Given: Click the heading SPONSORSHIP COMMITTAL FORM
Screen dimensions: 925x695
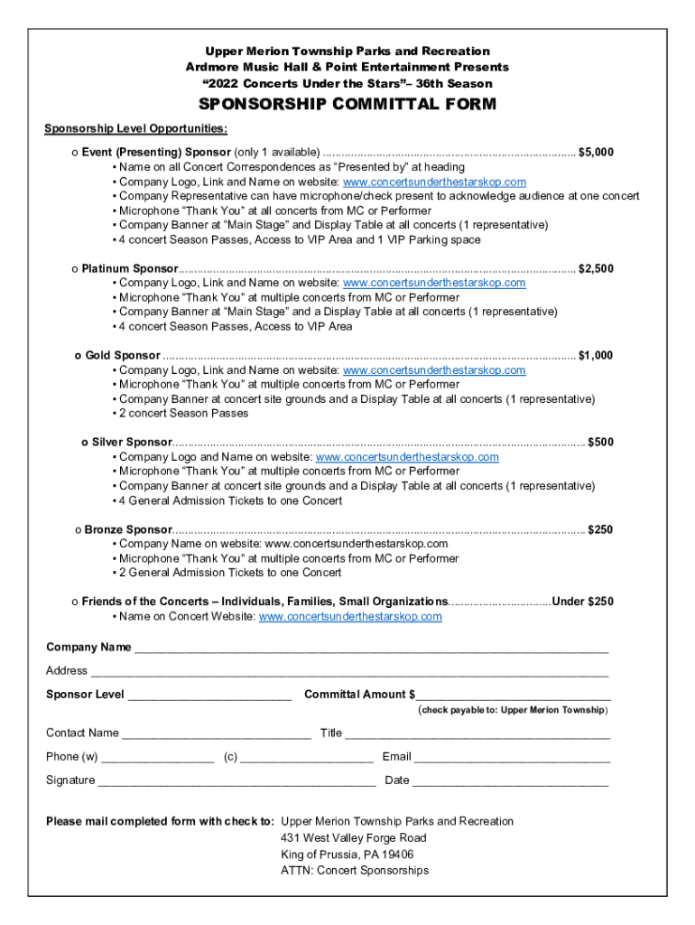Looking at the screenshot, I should [x=347, y=105].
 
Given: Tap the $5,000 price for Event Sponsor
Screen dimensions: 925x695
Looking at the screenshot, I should [x=596, y=152].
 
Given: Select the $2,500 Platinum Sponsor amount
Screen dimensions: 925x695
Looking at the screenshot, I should [x=596, y=268].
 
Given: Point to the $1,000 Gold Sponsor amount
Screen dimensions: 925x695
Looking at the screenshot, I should [x=596, y=355].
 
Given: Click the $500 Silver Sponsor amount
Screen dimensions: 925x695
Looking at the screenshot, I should [x=600, y=442].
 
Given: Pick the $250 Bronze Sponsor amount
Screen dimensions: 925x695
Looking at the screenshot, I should [x=600, y=529].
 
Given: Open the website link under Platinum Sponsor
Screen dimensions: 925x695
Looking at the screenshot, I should [x=434, y=283].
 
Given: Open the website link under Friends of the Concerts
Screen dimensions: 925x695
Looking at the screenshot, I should [x=350, y=617].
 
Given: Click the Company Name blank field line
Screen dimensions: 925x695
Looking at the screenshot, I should [x=371, y=649].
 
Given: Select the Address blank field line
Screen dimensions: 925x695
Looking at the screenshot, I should [x=348, y=672].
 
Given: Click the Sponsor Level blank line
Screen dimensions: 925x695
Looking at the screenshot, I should [x=209, y=696].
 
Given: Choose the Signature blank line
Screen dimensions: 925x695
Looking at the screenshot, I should [x=236, y=781].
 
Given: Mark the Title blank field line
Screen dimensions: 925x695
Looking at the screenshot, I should [x=477, y=734].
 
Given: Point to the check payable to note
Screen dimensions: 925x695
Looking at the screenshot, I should [x=513, y=710].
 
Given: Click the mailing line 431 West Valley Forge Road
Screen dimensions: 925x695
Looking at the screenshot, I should [x=354, y=838].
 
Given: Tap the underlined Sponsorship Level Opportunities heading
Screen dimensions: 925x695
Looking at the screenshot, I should [x=136, y=128].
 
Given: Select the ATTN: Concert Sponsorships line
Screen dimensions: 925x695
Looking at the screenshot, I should [x=355, y=871].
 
